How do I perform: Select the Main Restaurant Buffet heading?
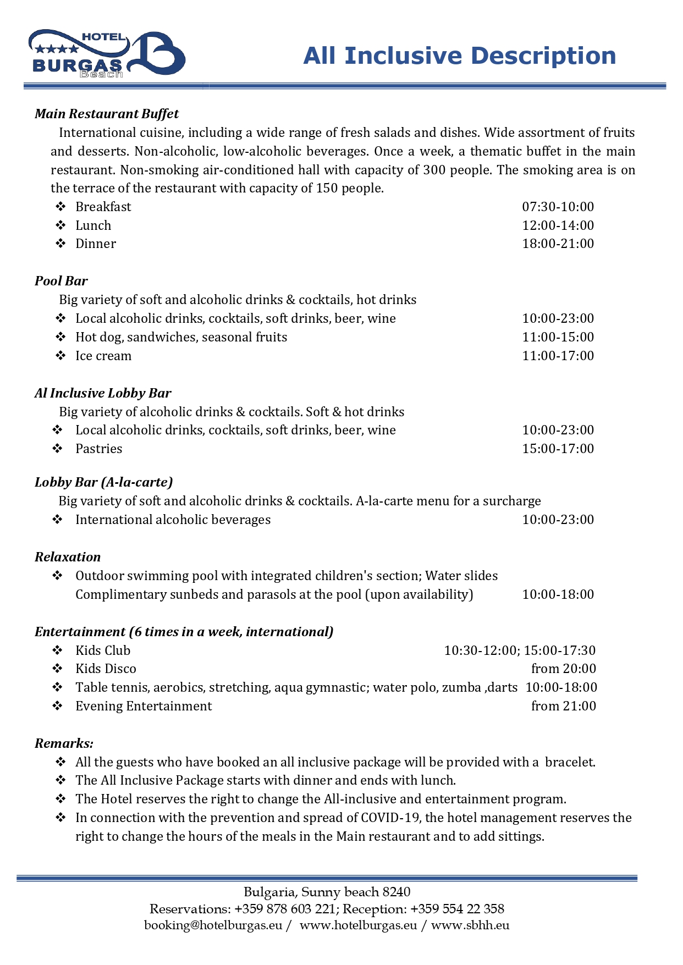pos(107,114)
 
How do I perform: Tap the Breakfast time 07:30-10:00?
pos(558,207)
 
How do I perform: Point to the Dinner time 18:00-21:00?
pos(558,244)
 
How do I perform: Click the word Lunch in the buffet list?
pos(93,225)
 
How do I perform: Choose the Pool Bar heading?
pos(61,281)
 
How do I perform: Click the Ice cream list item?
pos(103,356)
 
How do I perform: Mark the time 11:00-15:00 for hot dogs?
pos(558,337)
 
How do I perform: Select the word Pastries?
pos(99,449)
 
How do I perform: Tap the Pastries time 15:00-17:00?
pos(558,449)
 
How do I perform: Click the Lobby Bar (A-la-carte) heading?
pos(104,482)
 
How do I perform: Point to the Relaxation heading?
pos(68,557)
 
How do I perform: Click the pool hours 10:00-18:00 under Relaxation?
pos(558,594)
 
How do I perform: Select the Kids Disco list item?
pos(106,669)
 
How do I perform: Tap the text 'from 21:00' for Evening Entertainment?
pos(563,706)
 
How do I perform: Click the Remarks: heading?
pos(64,743)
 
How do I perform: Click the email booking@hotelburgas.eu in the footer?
pos(213,925)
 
